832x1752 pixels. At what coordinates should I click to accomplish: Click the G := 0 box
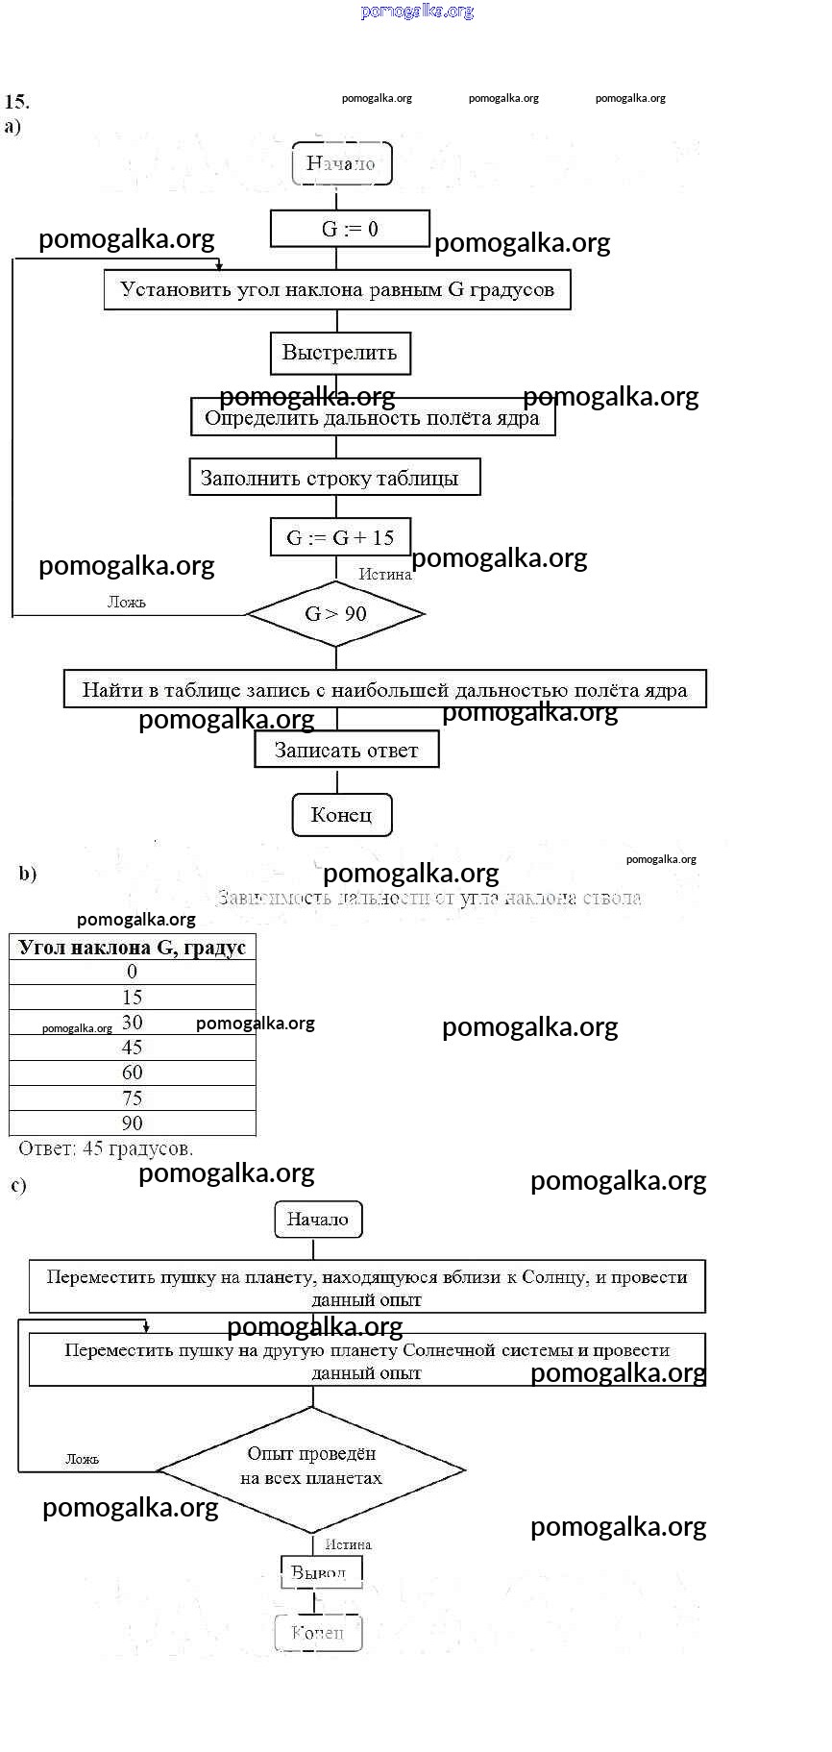coord(350,229)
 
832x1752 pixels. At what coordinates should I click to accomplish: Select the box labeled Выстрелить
coord(340,353)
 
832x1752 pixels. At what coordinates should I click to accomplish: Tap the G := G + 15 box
coord(340,537)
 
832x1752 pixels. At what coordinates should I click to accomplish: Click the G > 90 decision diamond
coord(335,613)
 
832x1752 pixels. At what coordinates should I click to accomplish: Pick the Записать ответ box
coord(346,750)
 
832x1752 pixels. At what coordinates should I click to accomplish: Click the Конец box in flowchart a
coord(341,815)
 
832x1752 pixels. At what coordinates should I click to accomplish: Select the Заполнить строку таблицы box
coord(334,478)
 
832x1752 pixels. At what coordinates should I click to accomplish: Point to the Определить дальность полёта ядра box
coord(373,418)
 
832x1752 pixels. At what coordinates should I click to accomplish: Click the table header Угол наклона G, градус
coord(133,947)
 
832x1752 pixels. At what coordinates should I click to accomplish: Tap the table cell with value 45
coord(133,1048)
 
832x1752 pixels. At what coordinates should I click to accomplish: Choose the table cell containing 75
coord(133,1098)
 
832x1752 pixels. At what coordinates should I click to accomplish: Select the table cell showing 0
coord(133,972)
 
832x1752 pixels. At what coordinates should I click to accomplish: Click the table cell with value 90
coord(133,1123)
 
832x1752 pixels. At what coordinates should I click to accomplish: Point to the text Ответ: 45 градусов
coord(106,1148)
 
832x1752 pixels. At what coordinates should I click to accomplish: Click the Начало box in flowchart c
coord(318,1219)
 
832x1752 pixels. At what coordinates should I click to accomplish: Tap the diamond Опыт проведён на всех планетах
coord(311,1468)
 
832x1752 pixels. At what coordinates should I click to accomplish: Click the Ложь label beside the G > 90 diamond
coord(127,603)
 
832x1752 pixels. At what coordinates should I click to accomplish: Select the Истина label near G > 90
coord(384,575)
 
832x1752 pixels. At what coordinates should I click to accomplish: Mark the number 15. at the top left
coord(16,102)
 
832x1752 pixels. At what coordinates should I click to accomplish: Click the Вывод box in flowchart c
coord(321,1572)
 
